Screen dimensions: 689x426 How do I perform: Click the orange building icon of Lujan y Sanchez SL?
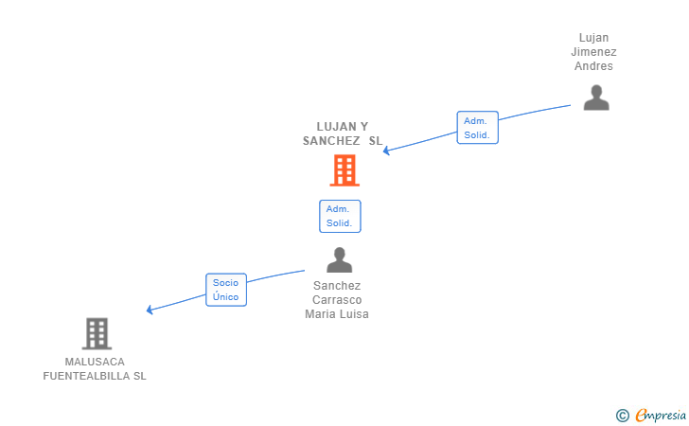click(x=344, y=170)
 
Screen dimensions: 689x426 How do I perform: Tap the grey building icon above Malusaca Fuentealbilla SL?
click(x=97, y=333)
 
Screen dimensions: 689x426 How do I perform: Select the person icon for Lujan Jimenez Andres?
click(x=596, y=98)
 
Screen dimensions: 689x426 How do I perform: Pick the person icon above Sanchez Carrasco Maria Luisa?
click(x=339, y=259)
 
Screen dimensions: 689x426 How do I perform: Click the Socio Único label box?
click(x=226, y=290)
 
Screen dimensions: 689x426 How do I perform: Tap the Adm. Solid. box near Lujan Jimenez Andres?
click(x=477, y=128)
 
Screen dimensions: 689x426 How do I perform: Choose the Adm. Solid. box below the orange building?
click(x=340, y=216)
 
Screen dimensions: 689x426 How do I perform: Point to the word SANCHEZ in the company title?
click(x=331, y=141)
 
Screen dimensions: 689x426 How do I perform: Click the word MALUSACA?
click(x=95, y=362)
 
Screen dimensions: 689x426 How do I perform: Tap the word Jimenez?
click(x=594, y=52)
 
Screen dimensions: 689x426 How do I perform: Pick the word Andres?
click(x=594, y=66)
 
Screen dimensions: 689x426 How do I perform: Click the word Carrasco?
click(x=337, y=300)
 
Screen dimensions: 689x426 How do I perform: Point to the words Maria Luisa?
click(x=337, y=314)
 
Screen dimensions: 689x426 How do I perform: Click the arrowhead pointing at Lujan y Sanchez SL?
click(x=387, y=151)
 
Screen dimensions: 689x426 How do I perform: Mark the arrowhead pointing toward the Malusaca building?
click(x=150, y=310)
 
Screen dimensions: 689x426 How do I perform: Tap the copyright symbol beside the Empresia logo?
click(x=622, y=415)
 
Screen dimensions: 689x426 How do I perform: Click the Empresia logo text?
click(x=662, y=415)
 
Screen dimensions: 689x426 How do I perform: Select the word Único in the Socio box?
click(x=226, y=297)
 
